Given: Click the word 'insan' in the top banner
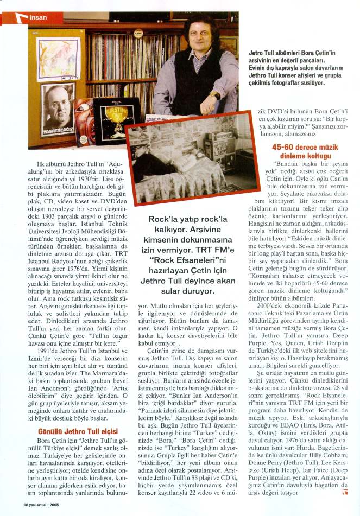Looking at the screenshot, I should (x=39, y=17).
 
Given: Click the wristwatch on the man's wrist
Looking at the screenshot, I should (x=215, y=95).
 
